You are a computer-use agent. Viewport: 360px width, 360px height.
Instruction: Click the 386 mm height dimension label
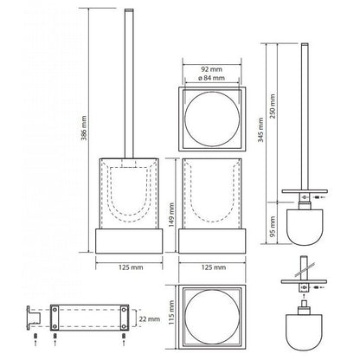click(x=84, y=128)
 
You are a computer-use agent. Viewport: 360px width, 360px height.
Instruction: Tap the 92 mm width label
click(x=211, y=69)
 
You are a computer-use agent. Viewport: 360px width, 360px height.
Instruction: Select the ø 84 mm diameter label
click(x=211, y=78)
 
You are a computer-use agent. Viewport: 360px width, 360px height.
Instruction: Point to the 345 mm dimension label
click(x=260, y=130)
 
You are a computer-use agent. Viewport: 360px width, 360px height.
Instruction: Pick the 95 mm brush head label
click(x=273, y=227)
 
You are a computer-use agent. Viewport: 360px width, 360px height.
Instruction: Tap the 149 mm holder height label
click(x=171, y=215)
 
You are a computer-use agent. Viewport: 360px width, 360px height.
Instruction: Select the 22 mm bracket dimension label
click(x=150, y=319)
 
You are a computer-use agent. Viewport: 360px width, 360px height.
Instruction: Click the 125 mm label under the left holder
click(x=131, y=267)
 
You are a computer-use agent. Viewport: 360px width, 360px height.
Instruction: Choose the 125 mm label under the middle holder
click(x=214, y=267)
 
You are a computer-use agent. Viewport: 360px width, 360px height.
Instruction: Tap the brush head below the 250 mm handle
click(x=305, y=227)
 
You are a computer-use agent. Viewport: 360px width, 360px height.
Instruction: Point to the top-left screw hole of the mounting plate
click(x=54, y=309)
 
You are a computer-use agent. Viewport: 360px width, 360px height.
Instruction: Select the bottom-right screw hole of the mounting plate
click(x=124, y=326)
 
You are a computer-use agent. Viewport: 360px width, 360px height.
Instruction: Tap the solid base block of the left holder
click(x=129, y=241)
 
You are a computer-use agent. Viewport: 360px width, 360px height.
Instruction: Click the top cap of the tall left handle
click(x=129, y=10)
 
